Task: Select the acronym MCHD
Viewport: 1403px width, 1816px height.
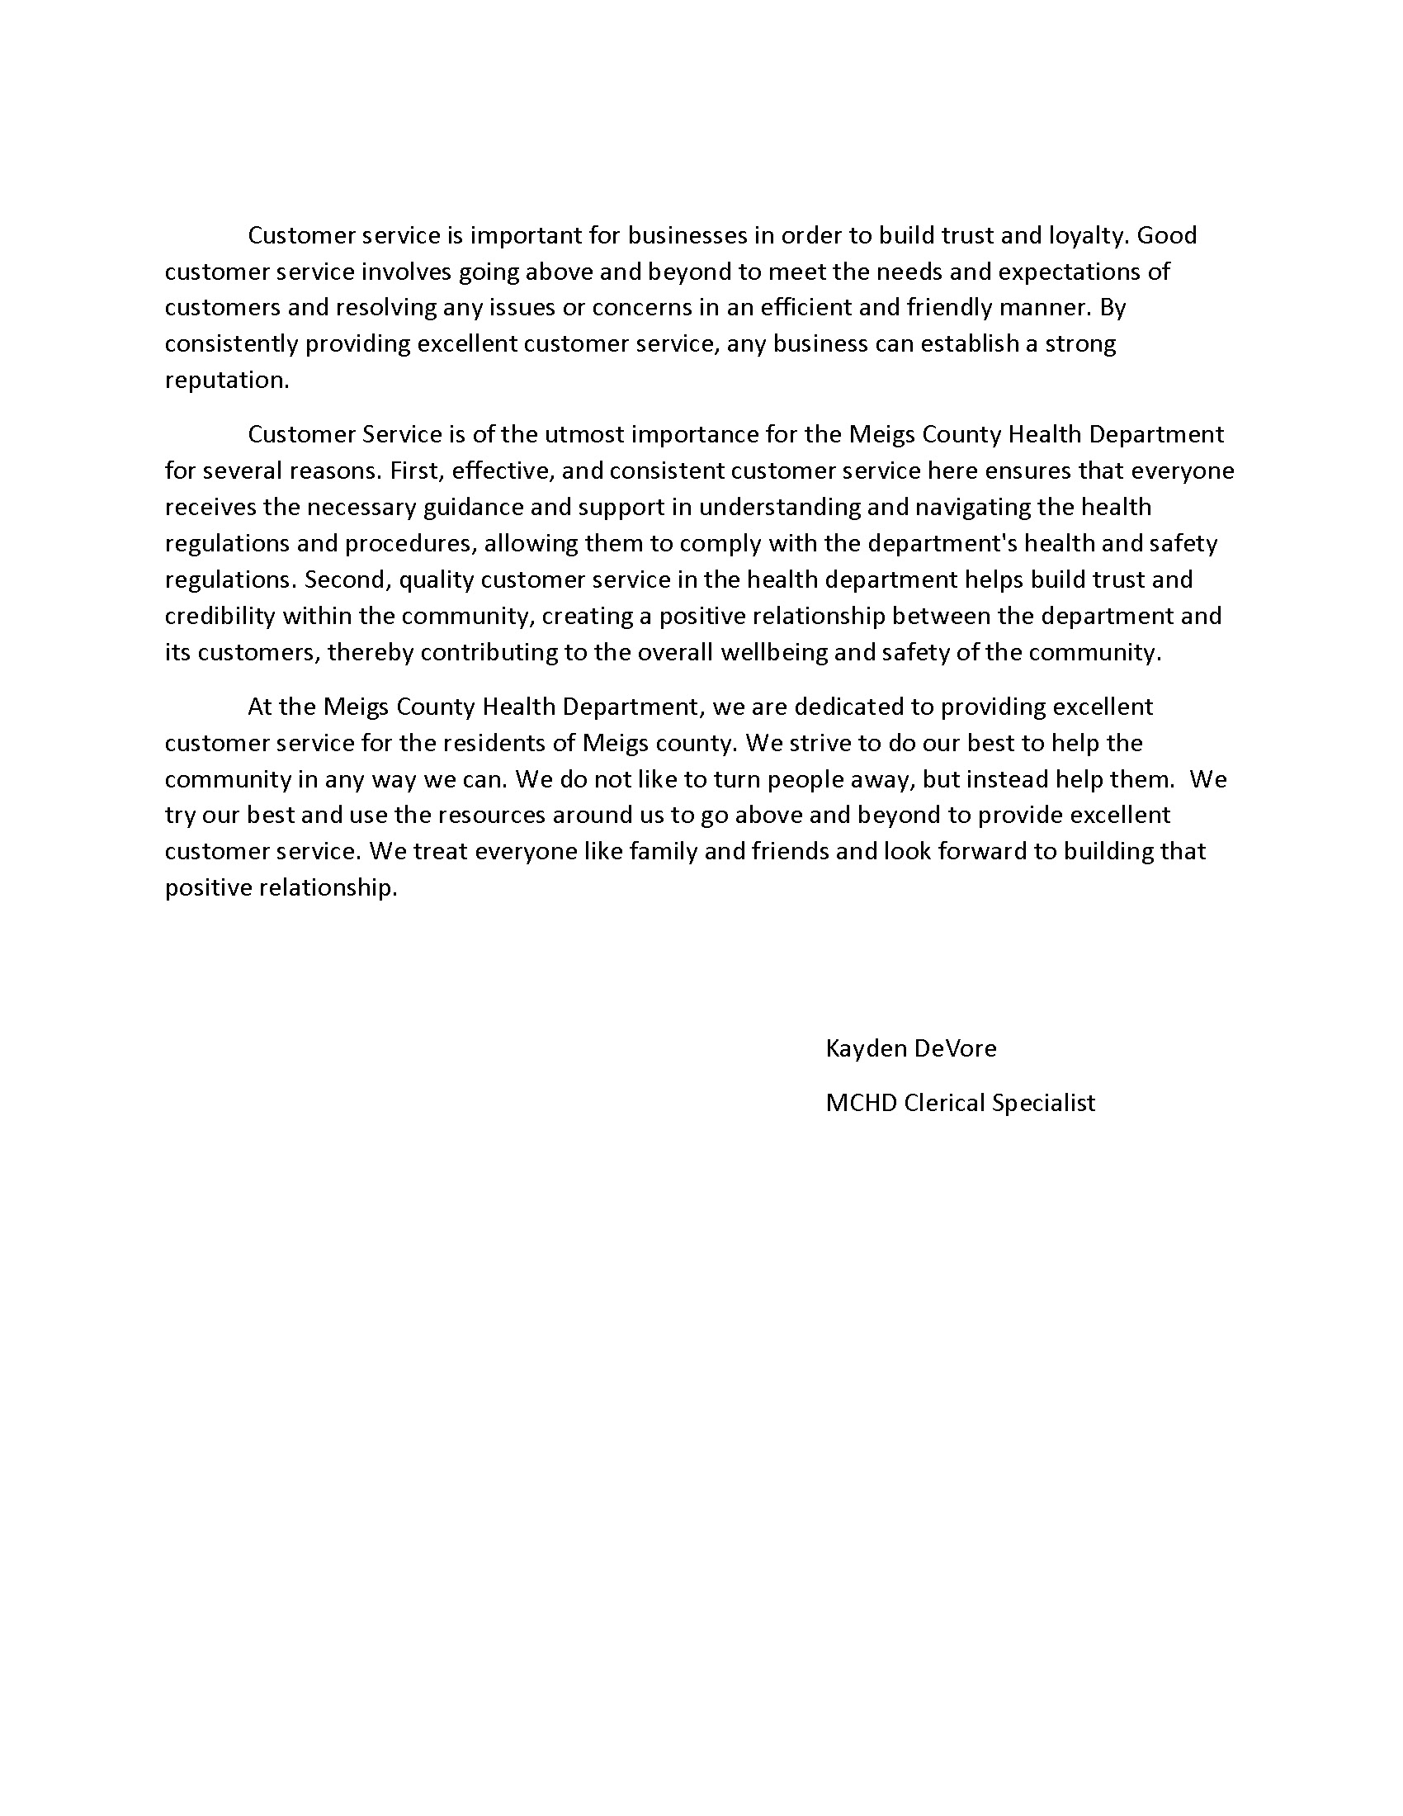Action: [x=860, y=1104]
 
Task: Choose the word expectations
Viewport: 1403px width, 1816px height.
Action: [x=1083, y=272]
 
